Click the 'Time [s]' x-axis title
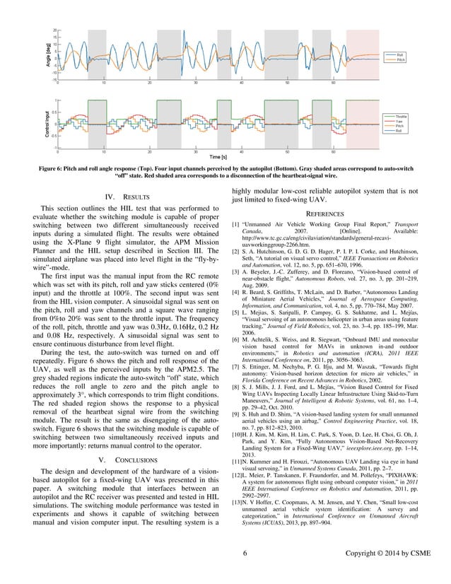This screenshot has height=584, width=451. (x=217, y=157)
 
